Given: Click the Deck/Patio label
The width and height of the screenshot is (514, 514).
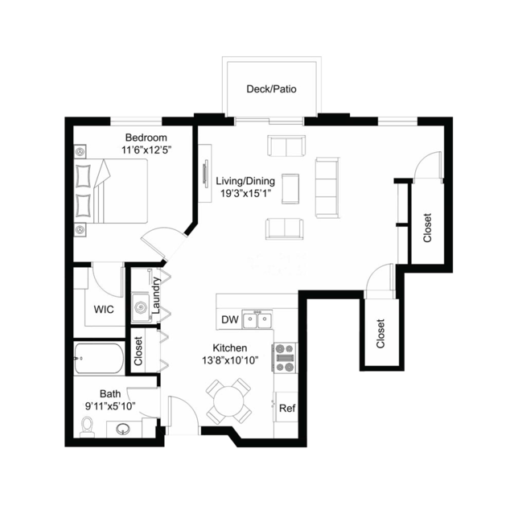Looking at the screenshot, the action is click(271, 89).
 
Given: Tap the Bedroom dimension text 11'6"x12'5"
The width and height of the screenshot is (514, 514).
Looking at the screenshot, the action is click(146, 150).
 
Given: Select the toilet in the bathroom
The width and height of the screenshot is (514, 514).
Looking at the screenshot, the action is click(87, 427).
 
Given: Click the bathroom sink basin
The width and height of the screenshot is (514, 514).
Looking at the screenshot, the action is click(123, 429).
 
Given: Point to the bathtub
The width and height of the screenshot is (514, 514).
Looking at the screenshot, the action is click(99, 358).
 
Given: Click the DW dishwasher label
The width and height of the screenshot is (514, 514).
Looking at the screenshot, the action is click(230, 319).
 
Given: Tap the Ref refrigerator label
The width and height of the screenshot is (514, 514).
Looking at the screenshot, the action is click(287, 409).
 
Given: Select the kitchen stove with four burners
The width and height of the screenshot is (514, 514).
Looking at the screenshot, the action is click(285, 358).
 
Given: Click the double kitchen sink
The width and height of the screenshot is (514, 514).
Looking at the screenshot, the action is click(257, 319).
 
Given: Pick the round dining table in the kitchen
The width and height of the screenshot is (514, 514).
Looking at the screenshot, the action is click(228, 401).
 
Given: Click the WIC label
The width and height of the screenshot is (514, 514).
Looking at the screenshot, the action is click(104, 309).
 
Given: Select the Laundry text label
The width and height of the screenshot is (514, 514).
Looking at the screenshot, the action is click(156, 295).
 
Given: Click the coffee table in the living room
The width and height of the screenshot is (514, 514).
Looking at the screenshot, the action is click(290, 189).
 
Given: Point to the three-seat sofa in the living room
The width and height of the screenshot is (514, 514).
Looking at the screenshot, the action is click(327, 187).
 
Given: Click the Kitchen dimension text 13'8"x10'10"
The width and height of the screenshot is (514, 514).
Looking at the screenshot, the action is click(230, 360).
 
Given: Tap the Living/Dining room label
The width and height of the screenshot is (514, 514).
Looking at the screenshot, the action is click(245, 181).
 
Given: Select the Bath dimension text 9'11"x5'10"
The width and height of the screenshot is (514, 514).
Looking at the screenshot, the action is click(110, 406).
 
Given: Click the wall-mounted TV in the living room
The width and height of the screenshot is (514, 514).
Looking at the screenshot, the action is click(206, 172).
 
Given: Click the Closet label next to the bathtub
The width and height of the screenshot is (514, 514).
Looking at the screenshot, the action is click(138, 351).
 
